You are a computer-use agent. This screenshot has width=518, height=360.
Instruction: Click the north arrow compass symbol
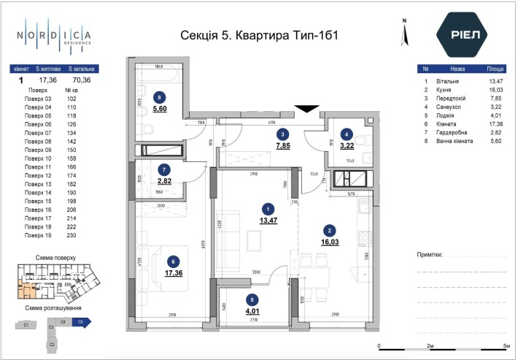coord(402,34)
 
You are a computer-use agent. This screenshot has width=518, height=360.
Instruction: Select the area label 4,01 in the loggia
coord(252,310)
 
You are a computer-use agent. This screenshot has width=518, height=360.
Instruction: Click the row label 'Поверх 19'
coord(39,236)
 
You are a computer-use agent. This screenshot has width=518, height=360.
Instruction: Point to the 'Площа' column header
coord(496,69)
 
